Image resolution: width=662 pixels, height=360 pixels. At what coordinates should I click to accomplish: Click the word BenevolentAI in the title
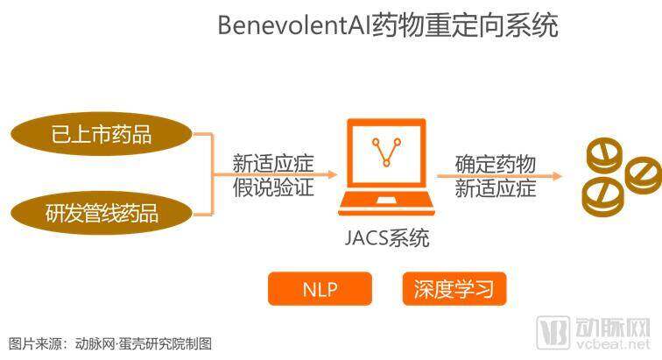tap(293, 25)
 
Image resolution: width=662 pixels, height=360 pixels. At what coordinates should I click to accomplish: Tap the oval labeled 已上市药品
tap(102, 134)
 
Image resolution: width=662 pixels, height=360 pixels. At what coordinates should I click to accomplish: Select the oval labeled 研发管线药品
tap(102, 213)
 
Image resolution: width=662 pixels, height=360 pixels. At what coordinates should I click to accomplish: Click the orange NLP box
tap(320, 289)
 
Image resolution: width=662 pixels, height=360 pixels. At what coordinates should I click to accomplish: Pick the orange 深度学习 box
tap(454, 289)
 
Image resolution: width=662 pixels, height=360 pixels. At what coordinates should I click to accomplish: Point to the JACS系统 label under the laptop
tap(387, 238)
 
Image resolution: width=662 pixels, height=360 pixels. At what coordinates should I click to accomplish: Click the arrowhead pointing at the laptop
tap(332, 174)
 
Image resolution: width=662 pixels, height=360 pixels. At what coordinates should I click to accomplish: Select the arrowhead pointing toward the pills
tap(557, 176)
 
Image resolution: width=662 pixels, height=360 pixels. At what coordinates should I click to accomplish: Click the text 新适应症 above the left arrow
tap(273, 163)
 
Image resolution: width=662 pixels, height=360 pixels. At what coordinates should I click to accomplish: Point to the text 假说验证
tap(273, 187)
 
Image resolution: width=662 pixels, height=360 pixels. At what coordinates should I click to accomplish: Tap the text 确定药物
tap(496, 164)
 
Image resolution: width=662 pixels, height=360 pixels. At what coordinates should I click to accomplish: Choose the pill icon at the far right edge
tap(643, 175)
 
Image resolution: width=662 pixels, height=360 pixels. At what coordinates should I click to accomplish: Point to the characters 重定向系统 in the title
tap(491, 25)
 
